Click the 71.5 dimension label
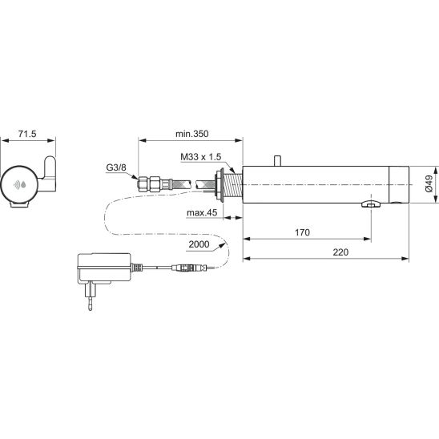(x=27, y=134)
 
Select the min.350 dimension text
(x=192, y=134)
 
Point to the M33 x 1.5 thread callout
(x=201, y=157)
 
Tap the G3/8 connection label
(x=116, y=167)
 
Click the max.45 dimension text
(x=202, y=213)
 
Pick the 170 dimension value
(x=302, y=232)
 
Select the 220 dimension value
(x=340, y=252)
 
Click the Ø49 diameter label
(x=429, y=183)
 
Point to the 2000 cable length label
(x=199, y=244)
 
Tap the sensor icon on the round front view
(x=19, y=185)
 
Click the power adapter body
(x=104, y=268)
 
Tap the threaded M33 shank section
(x=232, y=183)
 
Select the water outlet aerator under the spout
(x=371, y=204)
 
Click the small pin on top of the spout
(x=278, y=161)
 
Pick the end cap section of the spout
(x=399, y=185)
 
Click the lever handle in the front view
(x=49, y=174)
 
